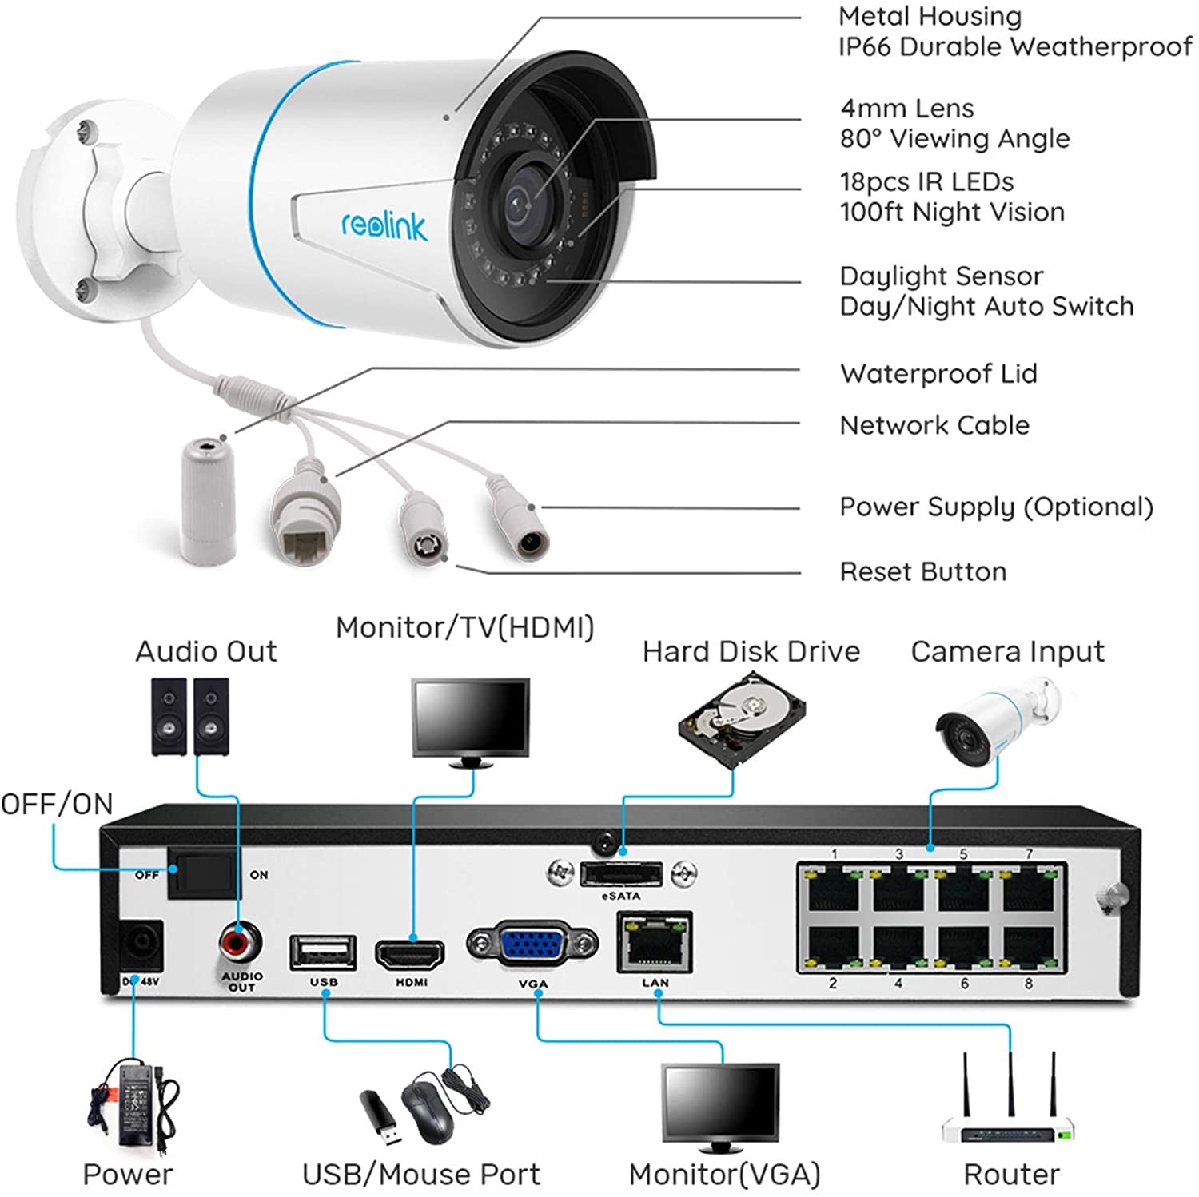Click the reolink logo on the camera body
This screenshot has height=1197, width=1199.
[384, 225]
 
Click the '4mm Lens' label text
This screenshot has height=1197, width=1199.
[906, 108]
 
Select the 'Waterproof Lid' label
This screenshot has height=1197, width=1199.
[938, 373]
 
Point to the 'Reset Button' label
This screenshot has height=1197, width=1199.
[922, 571]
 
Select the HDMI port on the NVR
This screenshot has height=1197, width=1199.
[410, 952]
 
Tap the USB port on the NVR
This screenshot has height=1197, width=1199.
[323, 952]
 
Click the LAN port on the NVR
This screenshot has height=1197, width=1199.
[655, 944]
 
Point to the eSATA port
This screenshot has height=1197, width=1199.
[621, 873]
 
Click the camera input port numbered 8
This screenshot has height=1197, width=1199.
[1030, 948]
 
